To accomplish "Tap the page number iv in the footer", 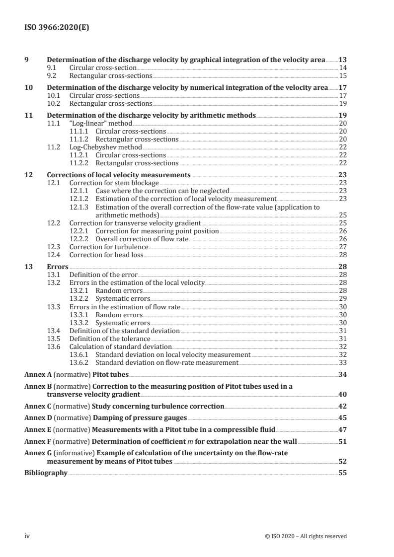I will coord(27,536).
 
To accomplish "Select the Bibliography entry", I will coord(46,473).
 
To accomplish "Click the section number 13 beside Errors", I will coord(28,267).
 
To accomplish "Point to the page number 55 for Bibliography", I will coord(342,473).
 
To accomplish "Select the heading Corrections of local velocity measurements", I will coord(118,175).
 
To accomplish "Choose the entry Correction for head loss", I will coord(106,255).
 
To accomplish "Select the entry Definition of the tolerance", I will coord(109,339).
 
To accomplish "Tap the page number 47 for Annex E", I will coord(342,429).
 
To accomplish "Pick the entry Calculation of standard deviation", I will coord(120,347).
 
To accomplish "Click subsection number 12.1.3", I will coord(79,207).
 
